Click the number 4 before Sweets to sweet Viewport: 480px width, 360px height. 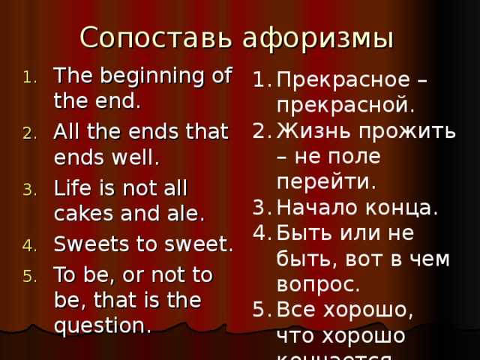(28, 245)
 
